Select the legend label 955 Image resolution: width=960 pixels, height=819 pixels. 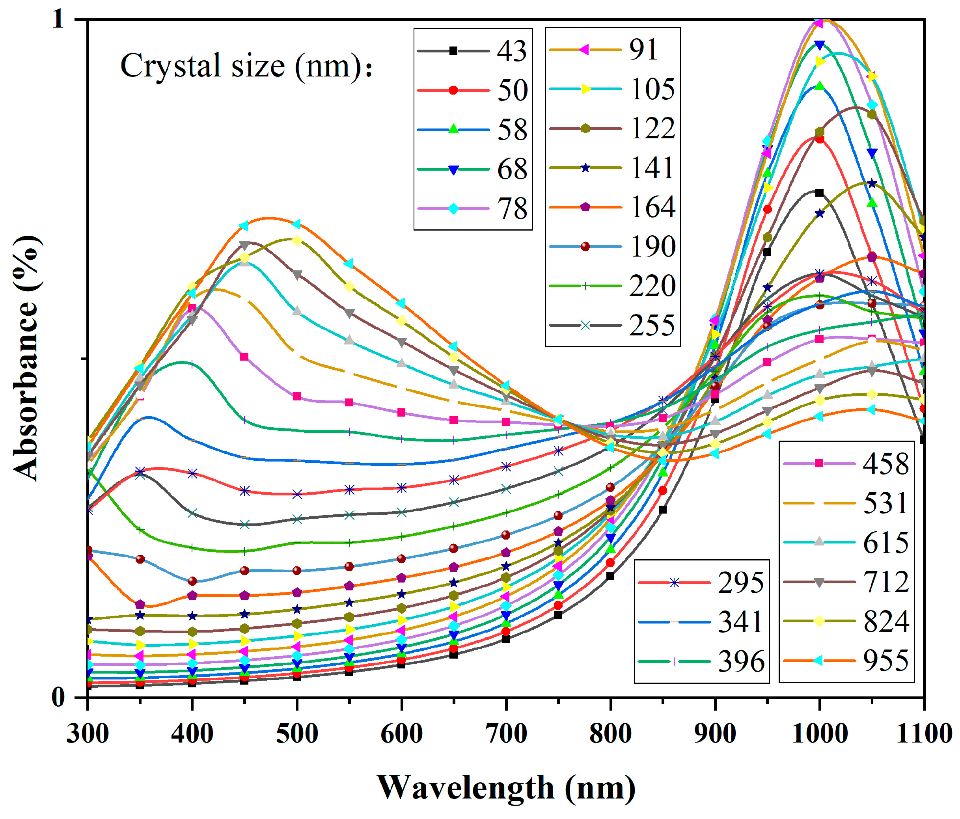coord(885,661)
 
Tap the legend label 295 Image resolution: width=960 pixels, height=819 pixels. coord(740,582)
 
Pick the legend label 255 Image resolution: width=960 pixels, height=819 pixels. coord(651,325)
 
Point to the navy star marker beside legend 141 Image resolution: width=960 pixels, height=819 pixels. coord(585,168)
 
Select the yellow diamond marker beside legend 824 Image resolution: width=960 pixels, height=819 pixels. coord(819,621)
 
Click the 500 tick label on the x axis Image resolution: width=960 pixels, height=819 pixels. coord(296,734)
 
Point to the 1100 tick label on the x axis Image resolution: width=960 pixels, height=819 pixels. coord(923,734)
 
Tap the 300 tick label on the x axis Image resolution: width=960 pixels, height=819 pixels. coord(88,734)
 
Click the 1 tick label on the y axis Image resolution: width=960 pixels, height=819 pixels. coord(58,19)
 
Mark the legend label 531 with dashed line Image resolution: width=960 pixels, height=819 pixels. coord(885,503)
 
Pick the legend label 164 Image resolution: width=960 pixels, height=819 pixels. coord(651,207)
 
